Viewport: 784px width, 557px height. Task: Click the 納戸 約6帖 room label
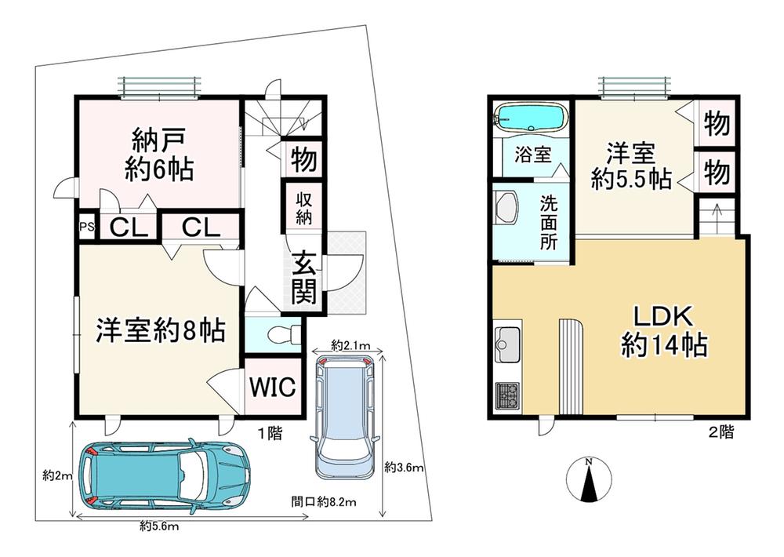159,155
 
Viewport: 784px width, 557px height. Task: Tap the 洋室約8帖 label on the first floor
161,329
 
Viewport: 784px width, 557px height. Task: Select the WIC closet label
273,386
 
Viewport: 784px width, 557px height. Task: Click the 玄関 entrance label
304,276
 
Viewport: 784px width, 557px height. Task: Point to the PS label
87,226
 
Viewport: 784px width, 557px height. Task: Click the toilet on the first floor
283,334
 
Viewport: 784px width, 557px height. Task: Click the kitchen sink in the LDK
507,344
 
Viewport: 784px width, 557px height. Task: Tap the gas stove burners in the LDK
507,394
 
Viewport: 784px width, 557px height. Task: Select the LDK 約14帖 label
663,331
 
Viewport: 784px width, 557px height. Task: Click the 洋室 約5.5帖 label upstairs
631,166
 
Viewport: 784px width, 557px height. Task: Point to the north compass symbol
590,479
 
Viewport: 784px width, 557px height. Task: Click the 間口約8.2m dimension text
324,501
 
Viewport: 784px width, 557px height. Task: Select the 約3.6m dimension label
405,468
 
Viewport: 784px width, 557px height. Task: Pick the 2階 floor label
721,432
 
